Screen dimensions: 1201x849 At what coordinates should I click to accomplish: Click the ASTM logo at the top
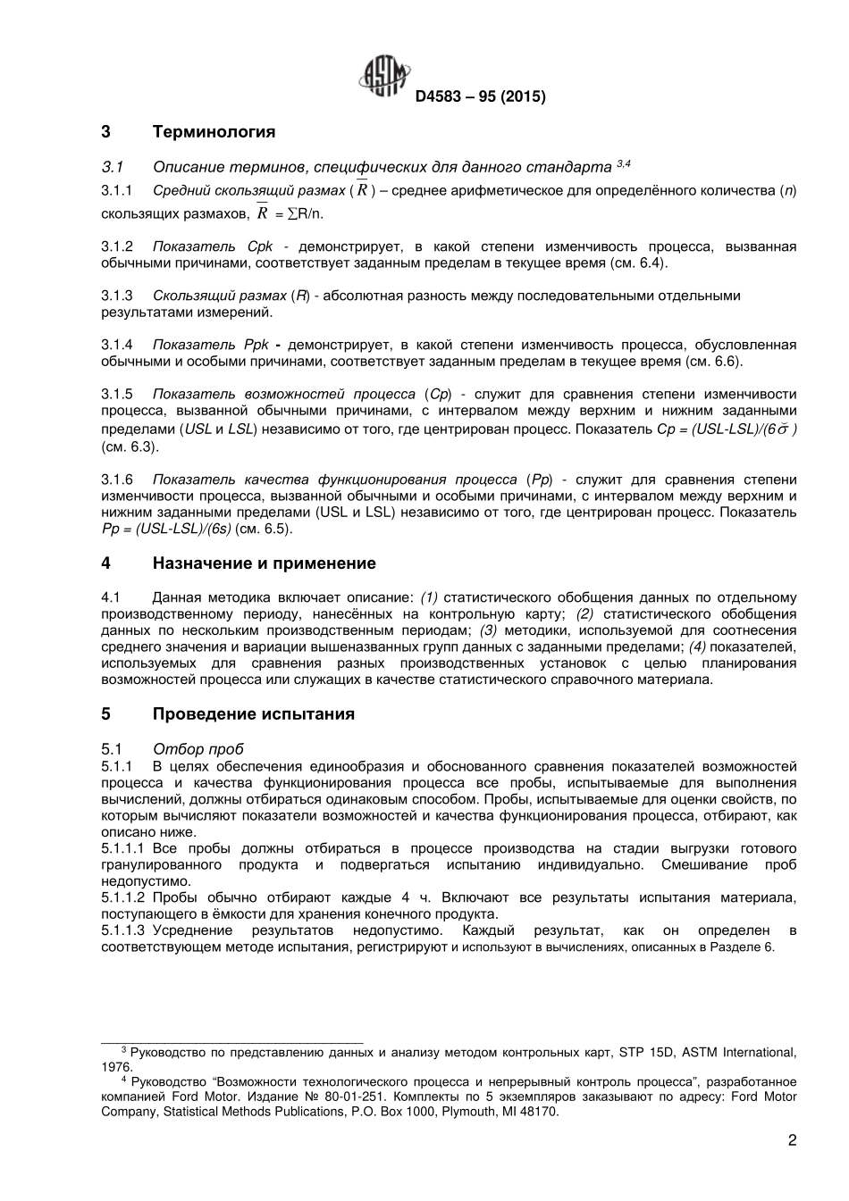pos(384,77)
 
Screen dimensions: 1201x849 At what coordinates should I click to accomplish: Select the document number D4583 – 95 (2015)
pos(480,97)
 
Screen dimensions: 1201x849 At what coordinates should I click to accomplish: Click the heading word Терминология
pos(214,132)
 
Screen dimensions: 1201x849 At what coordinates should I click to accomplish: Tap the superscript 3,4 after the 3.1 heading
pos(624,163)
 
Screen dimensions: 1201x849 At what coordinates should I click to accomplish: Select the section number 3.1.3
pos(117,296)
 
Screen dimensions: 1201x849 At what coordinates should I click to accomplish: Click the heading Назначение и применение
pos(264,563)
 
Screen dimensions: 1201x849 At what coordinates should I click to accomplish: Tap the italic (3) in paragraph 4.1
pos(489,630)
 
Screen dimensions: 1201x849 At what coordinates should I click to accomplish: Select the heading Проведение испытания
pos(253,714)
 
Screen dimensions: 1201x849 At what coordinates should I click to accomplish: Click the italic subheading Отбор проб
pos(198,749)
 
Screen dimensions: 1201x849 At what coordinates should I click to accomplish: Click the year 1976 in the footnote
pos(116,1067)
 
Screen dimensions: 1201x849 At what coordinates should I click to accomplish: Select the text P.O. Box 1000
pos(392,1112)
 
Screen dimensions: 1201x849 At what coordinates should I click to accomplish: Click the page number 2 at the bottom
pos(792,1140)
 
